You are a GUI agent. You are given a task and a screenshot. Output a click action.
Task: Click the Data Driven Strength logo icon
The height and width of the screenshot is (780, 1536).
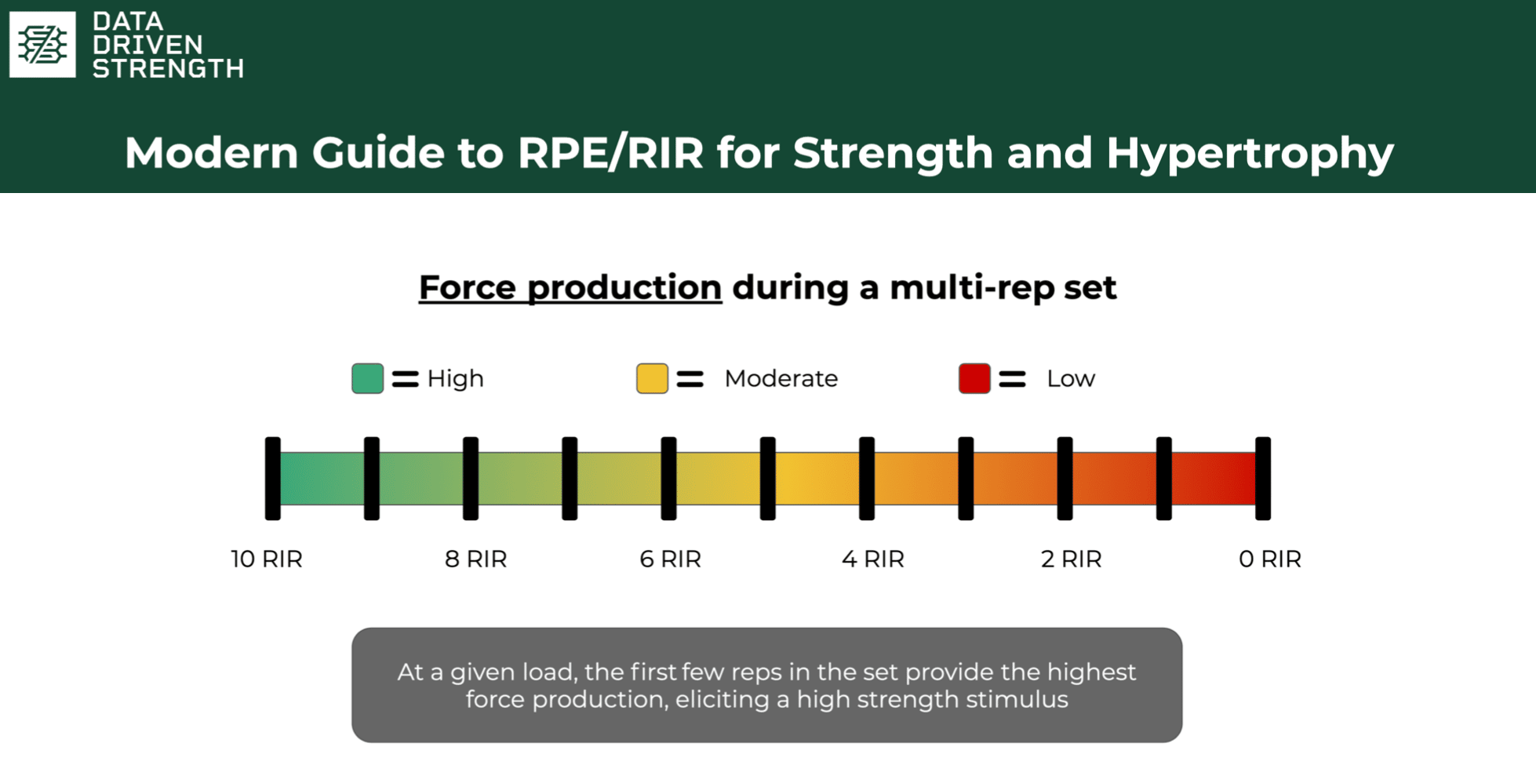(42, 44)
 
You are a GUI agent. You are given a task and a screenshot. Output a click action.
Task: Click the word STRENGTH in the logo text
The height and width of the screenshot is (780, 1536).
(168, 68)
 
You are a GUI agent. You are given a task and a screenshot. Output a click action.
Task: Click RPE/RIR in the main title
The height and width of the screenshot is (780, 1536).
(610, 152)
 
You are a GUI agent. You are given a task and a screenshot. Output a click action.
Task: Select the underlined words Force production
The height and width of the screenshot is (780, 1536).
(570, 287)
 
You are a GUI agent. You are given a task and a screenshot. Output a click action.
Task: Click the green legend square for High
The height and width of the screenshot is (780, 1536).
(367, 378)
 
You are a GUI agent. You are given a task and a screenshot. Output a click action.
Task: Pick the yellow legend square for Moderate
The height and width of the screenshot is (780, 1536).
(652, 378)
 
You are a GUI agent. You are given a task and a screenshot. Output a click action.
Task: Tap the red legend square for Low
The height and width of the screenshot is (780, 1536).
(974, 378)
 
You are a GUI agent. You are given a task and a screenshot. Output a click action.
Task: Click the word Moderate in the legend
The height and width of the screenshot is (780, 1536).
(781, 378)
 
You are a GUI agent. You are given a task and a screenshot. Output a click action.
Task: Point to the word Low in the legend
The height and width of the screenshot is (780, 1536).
(1071, 378)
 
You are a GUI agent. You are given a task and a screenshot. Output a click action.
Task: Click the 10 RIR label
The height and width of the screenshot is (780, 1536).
(267, 559)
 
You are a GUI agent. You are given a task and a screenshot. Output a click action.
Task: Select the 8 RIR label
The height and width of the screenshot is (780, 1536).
(476, 559)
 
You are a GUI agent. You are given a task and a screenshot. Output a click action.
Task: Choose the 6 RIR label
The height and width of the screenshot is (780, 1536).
(671, 559)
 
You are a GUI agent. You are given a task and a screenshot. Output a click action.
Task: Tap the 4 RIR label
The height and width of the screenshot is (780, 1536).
(873, 559)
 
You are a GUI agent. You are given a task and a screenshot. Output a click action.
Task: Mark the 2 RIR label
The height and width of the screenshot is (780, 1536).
(1072, 559)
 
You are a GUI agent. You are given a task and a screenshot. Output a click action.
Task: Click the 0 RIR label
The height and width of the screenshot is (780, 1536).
(1270, 559)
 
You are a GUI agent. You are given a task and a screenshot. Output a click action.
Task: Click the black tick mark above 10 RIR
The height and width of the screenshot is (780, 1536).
(273, 479)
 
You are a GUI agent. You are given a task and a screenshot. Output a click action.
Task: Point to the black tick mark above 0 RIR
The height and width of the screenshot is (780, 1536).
(1263, 479)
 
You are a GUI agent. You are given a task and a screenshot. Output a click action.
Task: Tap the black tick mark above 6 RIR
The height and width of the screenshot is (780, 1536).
(668, 479)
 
